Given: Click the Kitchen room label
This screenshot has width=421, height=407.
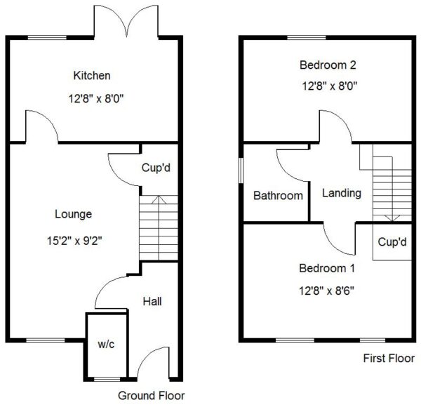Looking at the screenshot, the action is pos(92,76).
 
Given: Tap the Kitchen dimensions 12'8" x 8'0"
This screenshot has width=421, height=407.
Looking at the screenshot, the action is pos(96,99).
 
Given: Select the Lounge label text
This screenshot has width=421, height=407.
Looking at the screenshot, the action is pos(73,215).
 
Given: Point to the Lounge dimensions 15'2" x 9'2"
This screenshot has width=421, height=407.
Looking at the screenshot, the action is pos(74,241).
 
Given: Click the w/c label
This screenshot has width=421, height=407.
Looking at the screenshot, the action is pos(106,344).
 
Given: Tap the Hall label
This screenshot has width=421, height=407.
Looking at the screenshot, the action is pos(152,302).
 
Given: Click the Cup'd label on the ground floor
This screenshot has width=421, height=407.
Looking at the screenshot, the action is pos(156,168).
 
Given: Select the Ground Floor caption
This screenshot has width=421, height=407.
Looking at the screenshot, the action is pos(151,396).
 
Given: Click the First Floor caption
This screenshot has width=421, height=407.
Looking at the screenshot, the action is pos(389,359).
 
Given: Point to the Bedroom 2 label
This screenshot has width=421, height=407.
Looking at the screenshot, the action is pos(328,65).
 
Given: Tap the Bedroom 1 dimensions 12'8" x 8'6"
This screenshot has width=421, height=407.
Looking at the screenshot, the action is pos(326,291).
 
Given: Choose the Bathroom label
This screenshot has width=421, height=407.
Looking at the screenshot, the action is pos(278,196).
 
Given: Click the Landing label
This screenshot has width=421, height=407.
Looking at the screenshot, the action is pos(342,193).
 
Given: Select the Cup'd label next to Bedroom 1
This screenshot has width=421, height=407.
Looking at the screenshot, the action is pos(392,242).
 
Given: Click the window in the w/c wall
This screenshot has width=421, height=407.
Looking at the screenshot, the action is pos(107,379).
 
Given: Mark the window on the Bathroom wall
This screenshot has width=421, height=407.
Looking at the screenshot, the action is pos(241,171).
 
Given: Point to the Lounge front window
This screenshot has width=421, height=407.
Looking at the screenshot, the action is pos(46,340).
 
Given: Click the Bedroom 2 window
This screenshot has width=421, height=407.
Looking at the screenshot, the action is pos(307,38).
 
